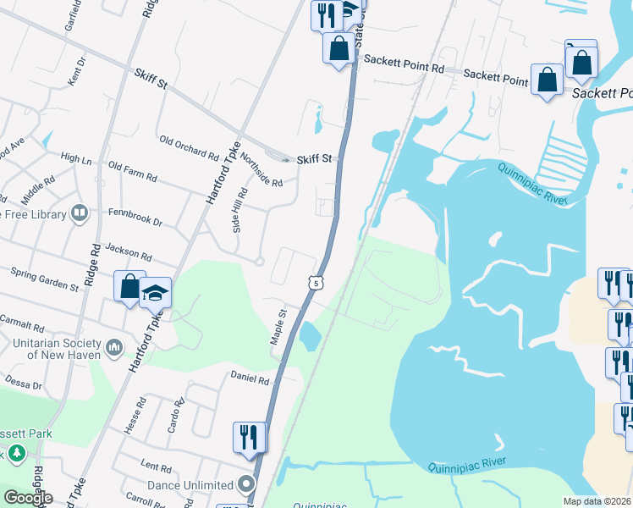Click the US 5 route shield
coord(315,283)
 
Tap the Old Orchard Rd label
coord(189,146)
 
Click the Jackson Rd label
coord(129,252)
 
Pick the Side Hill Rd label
coord(238,210)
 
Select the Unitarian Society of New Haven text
coord(57,348)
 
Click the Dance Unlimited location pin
coord(246,485)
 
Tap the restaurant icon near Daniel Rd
coord(250,437)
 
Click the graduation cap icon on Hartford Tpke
coord(156,292)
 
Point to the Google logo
coord(27,498)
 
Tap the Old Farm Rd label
coord(133,172)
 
